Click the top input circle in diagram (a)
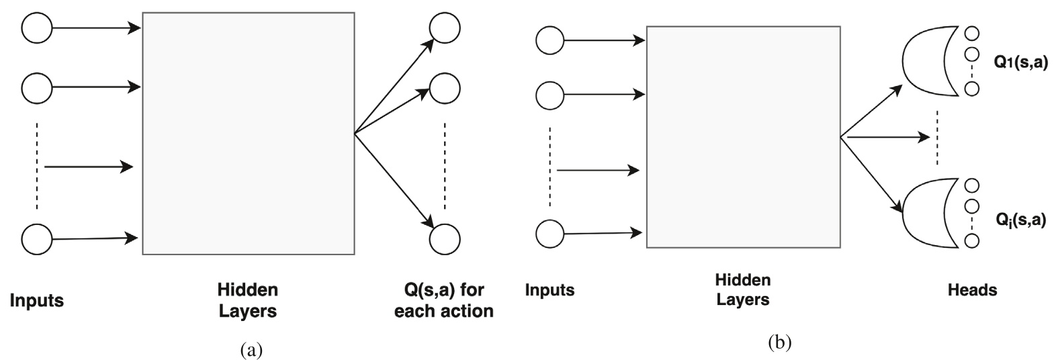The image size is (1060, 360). [x=37, y=28]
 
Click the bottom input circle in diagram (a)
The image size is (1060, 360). [x=37, y=238]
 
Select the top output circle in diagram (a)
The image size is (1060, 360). [x=445, y=29]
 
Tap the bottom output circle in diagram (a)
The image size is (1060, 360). [x=445, y=239]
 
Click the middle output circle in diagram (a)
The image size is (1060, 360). [x=445, y=87]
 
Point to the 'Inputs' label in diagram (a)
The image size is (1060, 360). [x=37, y=300]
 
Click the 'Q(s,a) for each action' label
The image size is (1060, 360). [x=444, y=300]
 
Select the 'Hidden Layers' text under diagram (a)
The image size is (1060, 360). [x=247, y=300]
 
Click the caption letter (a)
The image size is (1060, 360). [x=248, y=349]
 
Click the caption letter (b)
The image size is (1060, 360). [x=779, y=343]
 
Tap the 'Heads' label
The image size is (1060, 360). [x=972, y=290]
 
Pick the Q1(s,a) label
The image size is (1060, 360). [x=1020, y=64]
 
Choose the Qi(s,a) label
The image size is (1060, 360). [x=1020, y=219]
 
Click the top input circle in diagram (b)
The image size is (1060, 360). [x=549, y=40]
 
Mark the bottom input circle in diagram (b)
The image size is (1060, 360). [x=549, y=234]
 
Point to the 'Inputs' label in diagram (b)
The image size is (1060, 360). [x=549, y=290]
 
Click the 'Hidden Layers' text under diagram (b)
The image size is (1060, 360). [x=742, y=289]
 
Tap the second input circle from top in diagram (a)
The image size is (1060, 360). [x=37, y=87]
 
